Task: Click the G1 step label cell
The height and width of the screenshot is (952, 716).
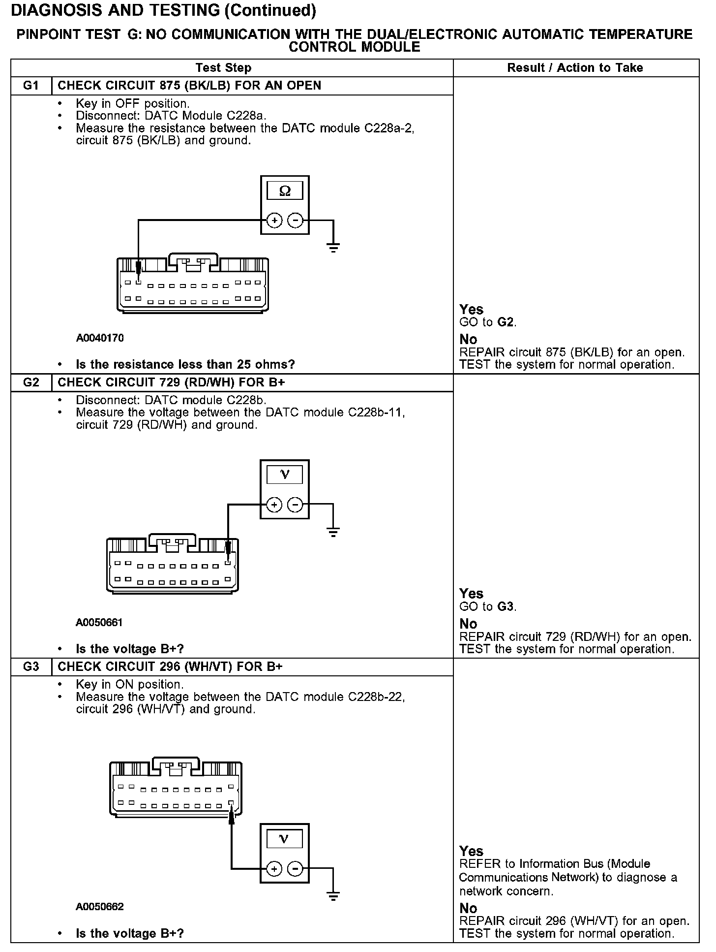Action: [30, 86]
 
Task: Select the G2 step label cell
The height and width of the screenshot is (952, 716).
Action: [30, 382]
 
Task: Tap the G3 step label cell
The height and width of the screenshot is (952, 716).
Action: [30, 666]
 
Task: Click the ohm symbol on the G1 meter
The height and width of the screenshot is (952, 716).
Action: [285, 191]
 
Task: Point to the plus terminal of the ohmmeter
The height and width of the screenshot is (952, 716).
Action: [274, 221]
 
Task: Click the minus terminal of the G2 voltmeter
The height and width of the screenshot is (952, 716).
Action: [295, 505]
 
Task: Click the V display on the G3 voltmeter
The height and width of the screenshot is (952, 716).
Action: [284, 839]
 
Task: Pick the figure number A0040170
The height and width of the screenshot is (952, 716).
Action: [100, 338]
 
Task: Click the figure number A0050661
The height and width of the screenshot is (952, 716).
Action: [99, 622]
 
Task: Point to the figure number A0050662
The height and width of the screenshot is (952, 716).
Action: [99, 907]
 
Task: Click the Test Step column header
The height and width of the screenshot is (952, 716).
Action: [223, 68]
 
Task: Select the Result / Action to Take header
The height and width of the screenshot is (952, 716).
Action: [575, 68]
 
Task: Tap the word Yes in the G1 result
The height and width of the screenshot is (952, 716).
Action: [471, 310]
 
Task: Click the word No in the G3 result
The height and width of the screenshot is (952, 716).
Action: [468, 908]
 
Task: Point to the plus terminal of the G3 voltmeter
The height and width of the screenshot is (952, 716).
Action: [274, 869]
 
